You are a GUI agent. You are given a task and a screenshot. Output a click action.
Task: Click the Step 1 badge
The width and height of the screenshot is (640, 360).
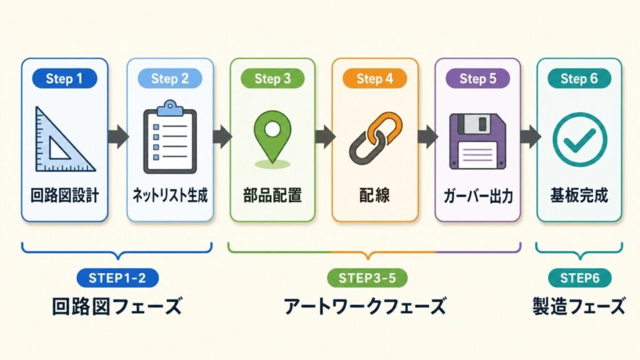click(65, 79)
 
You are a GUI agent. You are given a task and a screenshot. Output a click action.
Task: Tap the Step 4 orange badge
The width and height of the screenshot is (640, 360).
click(375, 79)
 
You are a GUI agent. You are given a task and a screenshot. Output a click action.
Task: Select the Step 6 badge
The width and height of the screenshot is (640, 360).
click(579, 79)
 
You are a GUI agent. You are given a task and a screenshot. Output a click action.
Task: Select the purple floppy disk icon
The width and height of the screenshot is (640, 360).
click(477, 141)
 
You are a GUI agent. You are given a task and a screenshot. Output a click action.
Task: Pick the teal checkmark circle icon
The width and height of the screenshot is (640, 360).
click(579, 139)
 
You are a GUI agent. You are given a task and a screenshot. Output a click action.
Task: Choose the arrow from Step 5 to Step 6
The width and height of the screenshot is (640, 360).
click(529, 136)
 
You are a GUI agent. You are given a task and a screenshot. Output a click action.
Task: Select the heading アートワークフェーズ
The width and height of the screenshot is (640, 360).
click(366, 307)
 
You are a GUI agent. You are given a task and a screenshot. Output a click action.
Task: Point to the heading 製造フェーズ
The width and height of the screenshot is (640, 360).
click(579, 307)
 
